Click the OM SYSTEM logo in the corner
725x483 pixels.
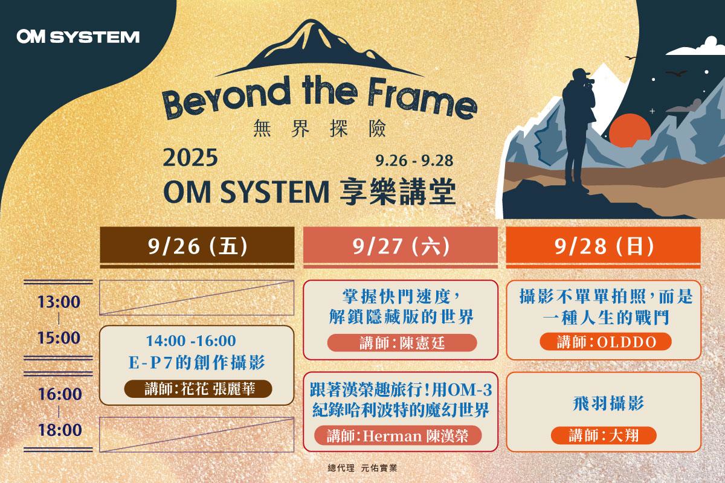(78, 37)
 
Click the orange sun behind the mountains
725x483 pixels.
(630, 129)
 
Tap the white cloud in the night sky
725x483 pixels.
(696, 47)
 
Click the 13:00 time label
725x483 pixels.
(59, 302)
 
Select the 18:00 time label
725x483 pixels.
(60, 430)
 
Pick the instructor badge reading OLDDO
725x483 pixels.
(605, 342)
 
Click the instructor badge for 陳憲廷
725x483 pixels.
(402, 342)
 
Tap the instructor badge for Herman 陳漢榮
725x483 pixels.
(398, 436)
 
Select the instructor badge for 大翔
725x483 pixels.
(604, 435)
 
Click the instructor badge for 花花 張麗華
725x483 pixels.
(198, 389)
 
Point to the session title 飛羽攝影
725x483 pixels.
(608, 403)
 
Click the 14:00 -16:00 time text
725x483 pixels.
(191, 341)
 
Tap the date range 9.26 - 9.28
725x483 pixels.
(414, 161)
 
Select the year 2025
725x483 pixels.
(190, 158)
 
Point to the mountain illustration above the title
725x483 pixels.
(319, 48)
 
